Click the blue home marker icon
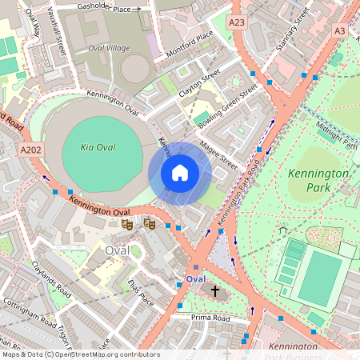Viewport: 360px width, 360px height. (x=180, y=172)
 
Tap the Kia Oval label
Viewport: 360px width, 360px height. (x=98, y=147)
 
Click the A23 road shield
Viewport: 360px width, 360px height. (x=237, y=23)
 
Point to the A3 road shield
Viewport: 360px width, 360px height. (x=340, y=30)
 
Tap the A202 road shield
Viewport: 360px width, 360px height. (x=31, y=150)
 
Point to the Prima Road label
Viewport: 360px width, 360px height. (x=210, y=318)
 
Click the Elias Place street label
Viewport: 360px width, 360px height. (x=140, y=293)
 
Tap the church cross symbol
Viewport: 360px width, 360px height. (x=215, y=291)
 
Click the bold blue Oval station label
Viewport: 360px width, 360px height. (x=195, y=278)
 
